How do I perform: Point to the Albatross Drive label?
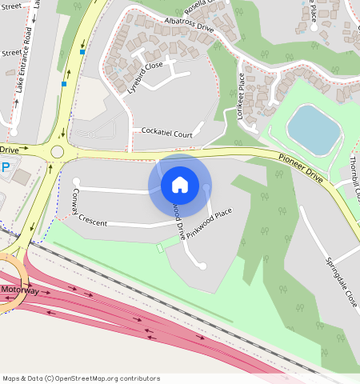pos(188,24)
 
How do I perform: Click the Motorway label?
pos(19,290)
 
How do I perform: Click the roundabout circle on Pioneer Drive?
pos(58,151)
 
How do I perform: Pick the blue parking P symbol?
pos(6,167)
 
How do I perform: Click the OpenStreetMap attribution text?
pos(81,378)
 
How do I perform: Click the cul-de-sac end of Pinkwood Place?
pos(202,266)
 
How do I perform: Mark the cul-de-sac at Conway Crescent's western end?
pos(77,182)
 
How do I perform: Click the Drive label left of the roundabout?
pos(9,150)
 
